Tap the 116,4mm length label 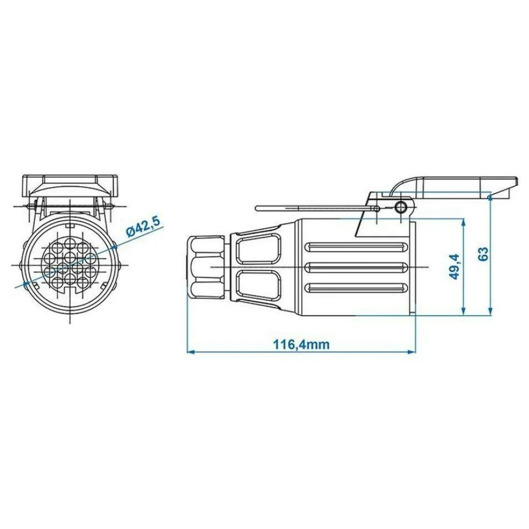click(x=301, y=345)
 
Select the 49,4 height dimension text click(x=455, y=267)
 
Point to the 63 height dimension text click(x=483, y=254)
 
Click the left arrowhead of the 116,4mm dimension click(x=191, y=352)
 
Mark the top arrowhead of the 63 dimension click(x=490, y=198)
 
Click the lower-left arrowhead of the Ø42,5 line click(x=25, y=285)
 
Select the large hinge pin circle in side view click(x=400, y=207)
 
